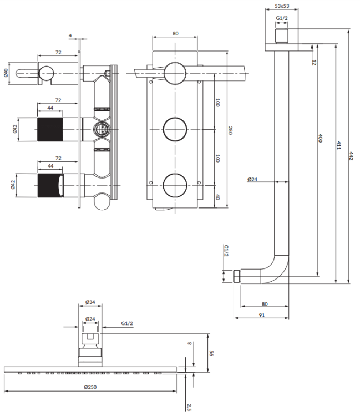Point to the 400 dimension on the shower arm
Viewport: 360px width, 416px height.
[320, 138]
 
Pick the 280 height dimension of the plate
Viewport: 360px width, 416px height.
[230, 130]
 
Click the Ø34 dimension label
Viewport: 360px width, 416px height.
[90, 302]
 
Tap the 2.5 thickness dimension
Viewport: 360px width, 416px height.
[190, 407]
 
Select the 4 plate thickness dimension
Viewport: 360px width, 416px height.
[70, 35]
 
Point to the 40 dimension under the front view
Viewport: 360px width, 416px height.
[217, 197]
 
